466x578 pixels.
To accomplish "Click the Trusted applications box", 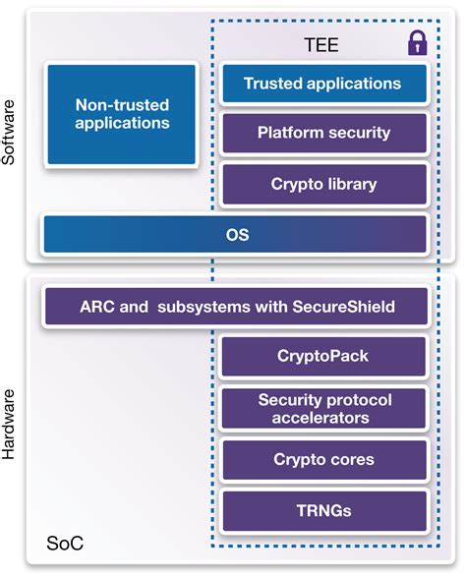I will click(323, 84).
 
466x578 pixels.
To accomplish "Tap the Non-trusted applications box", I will click(122, 114).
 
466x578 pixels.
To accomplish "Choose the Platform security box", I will click(323, 133).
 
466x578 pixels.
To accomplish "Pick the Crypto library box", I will click(323, 184).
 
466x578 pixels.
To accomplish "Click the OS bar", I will click(236, 235).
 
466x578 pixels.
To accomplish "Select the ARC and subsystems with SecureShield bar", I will click(236, 307).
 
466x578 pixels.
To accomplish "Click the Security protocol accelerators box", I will click(323, 409).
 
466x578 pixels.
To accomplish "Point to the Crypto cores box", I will click(323, 460).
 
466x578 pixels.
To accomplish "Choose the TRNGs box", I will click(323, 511).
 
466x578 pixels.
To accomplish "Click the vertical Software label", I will click(12, 133).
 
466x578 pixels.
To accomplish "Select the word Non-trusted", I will click(122, 104).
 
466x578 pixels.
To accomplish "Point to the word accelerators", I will click(323, 418).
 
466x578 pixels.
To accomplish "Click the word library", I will click(350, 184).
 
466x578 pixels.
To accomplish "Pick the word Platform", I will click(290, 133).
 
